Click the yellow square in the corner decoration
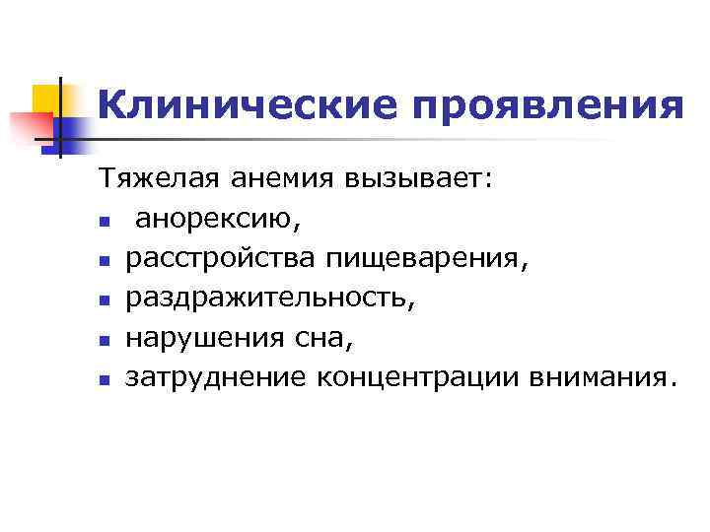click(48, 98)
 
